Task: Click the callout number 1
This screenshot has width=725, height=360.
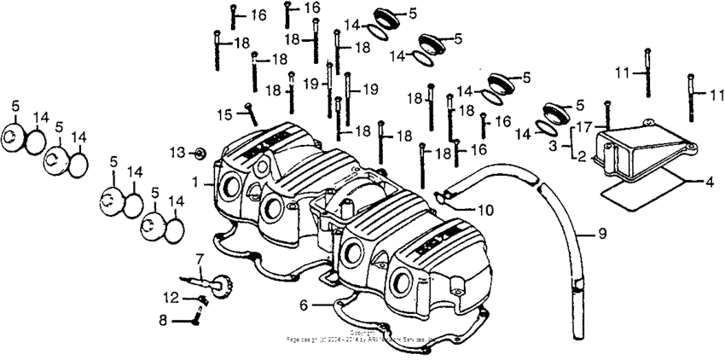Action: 195,182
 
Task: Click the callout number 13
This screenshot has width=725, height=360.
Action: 176,152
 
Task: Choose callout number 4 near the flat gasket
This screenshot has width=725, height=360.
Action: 709,181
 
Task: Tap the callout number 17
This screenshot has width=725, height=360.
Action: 583,125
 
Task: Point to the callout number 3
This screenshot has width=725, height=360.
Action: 554,146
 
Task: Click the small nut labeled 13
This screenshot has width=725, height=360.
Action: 198,154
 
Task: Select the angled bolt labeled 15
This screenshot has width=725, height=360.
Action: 251,113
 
